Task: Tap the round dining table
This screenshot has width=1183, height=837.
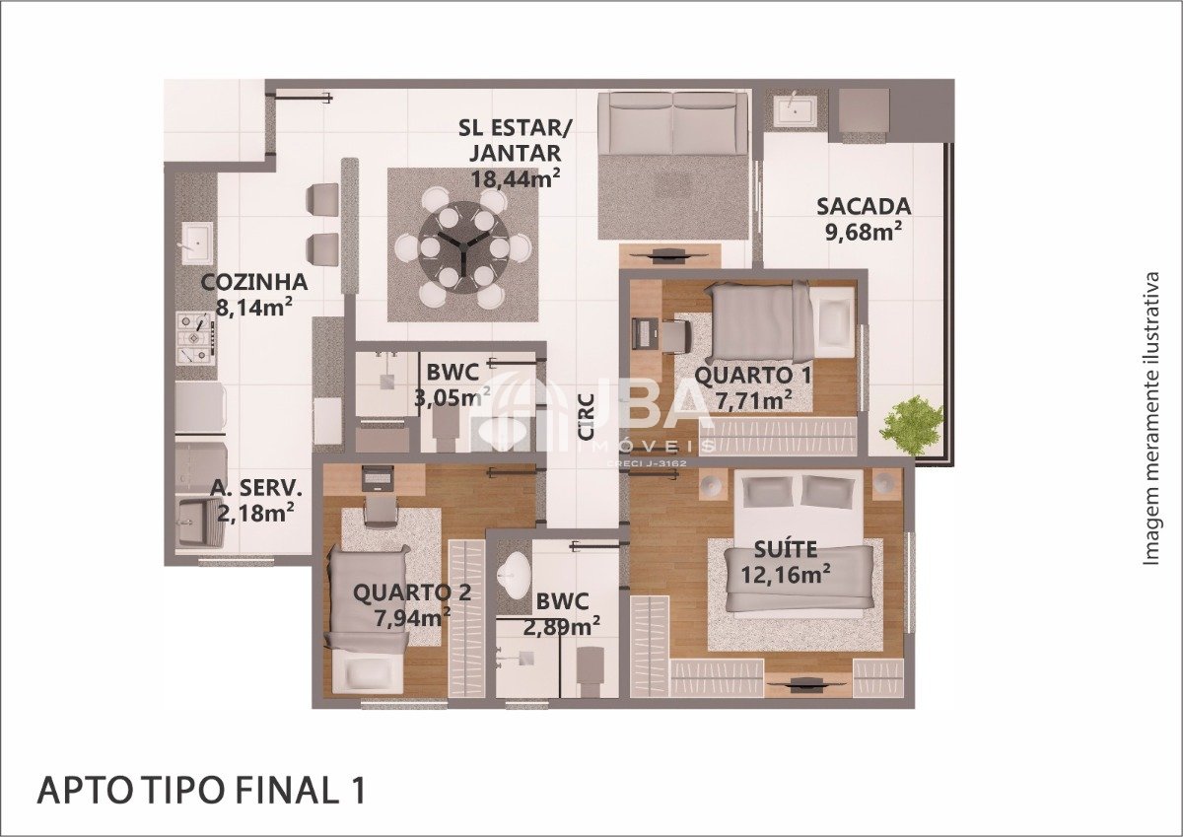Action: pos(463,247)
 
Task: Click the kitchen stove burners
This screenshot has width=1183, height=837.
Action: pos(196,338)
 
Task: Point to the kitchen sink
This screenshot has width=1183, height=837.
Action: pos(197,243)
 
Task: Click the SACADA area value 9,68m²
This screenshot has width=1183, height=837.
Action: pos(864,232)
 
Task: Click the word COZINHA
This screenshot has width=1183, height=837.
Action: pos(254,282)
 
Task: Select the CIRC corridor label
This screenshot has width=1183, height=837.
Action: pos(587,416)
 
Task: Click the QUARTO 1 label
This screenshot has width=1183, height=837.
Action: pos(752,376)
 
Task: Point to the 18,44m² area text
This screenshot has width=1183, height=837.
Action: pos(515,178)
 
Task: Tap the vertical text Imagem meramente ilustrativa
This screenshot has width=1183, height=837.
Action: pos(1150,419)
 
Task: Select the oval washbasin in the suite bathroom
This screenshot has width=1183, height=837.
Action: pos(515,576)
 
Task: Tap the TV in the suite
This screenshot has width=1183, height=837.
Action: pos(808,685)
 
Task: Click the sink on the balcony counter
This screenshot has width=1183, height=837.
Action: pos(795,110)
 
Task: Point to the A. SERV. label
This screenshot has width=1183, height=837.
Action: pos(256,488)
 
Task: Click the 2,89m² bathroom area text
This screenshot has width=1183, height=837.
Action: pos(561,627)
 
